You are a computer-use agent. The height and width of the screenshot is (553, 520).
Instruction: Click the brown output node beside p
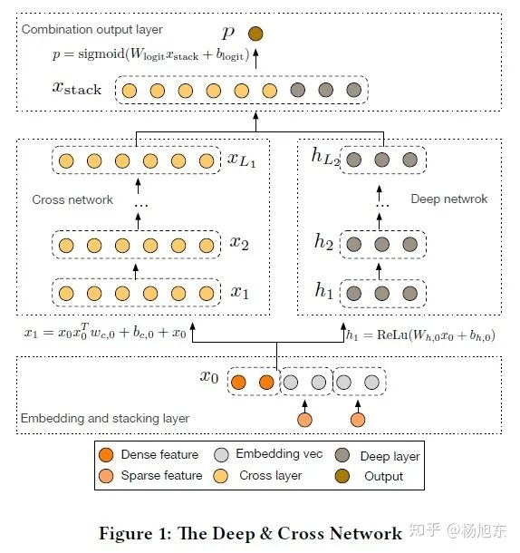coord(255,34)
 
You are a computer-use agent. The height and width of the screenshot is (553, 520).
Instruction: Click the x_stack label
coord(77,88)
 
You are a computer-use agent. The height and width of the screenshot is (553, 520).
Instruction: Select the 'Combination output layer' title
coord(91,30)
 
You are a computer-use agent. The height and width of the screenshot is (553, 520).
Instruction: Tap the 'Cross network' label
coord(72,199)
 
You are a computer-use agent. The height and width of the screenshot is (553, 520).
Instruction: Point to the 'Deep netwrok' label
coord(448,199)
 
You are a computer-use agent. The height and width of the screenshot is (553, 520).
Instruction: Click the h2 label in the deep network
coord(323,242)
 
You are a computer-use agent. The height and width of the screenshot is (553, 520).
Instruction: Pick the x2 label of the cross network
coord(239,243)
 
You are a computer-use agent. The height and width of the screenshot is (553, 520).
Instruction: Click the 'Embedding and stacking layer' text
coord(105,419)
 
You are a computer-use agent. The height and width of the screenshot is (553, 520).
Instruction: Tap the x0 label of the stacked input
coord(209,376)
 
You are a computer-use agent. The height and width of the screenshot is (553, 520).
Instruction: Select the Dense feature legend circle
coord(106,455)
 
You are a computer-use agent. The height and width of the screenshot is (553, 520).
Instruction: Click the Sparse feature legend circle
coord(106,476)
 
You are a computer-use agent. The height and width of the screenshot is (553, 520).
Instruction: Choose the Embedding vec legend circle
coord(221,455)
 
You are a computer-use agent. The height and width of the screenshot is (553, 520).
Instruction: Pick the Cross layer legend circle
coord(220,476)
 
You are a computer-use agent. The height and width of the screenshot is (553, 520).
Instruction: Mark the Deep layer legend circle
coord(342,455)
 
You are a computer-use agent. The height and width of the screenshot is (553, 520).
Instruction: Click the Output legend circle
coord(342,476)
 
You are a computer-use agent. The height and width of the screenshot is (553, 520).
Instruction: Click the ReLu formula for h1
coord(420,335)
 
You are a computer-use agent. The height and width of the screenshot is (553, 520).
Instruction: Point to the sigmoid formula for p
coord(151,54)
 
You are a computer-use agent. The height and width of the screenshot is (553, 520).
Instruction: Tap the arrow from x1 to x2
coord(136,271)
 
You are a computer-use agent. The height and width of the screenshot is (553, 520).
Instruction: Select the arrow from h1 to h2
coord(379,271)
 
